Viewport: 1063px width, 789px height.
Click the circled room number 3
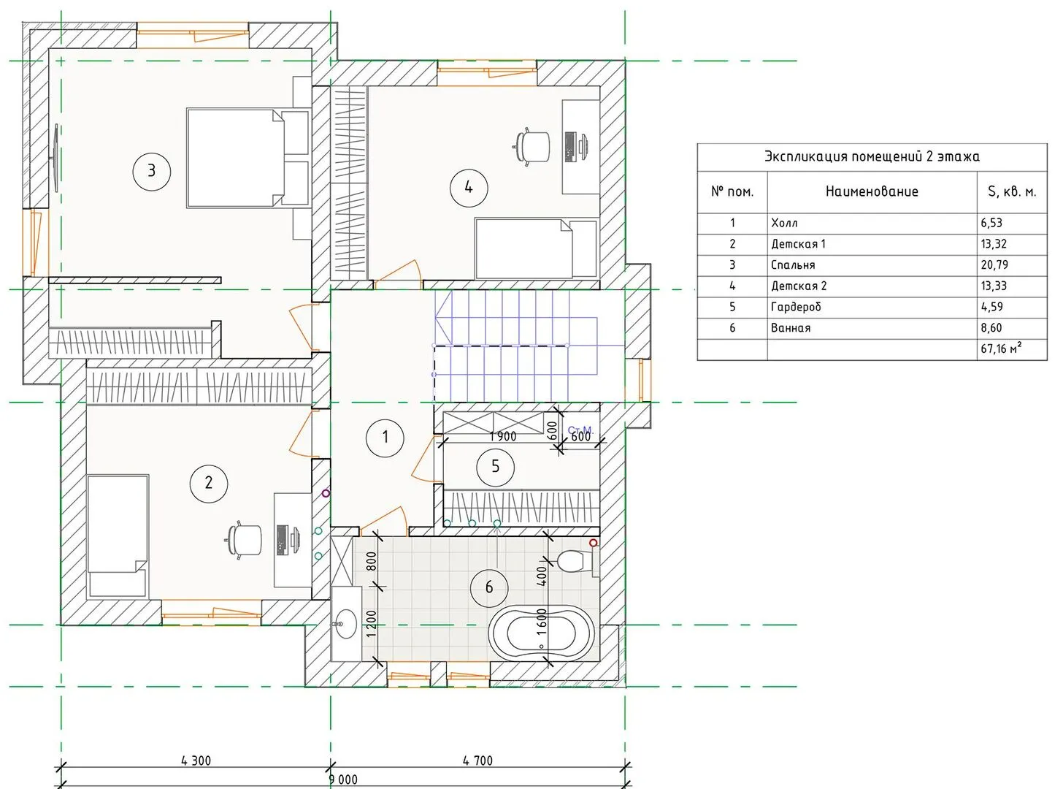[151, 171]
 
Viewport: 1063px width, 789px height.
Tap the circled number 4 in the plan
[469, 188]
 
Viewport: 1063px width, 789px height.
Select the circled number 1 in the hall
[385, 438]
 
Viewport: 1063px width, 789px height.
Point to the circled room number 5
[496, 467]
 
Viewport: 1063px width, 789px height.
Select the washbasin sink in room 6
[345, 624]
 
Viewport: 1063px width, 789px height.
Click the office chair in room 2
[244, 540]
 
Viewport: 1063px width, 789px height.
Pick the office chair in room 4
[531, 147]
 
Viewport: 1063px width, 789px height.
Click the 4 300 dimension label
[196, 761]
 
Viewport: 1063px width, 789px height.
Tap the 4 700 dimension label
[477, 761]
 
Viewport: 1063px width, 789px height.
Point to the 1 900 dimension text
[503, 436]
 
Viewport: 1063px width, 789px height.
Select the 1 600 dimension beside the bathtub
[542, 622]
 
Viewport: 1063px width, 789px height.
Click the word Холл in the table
[784, 223]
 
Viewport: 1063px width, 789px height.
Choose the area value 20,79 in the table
[994, 264]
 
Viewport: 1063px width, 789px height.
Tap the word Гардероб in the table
[796, 307]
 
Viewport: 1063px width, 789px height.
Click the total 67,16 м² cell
[1001, 348]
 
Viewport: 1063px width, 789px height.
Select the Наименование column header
[872, 192]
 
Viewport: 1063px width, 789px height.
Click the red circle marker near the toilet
[594, 543]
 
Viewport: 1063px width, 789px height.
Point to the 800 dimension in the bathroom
[372, 562]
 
